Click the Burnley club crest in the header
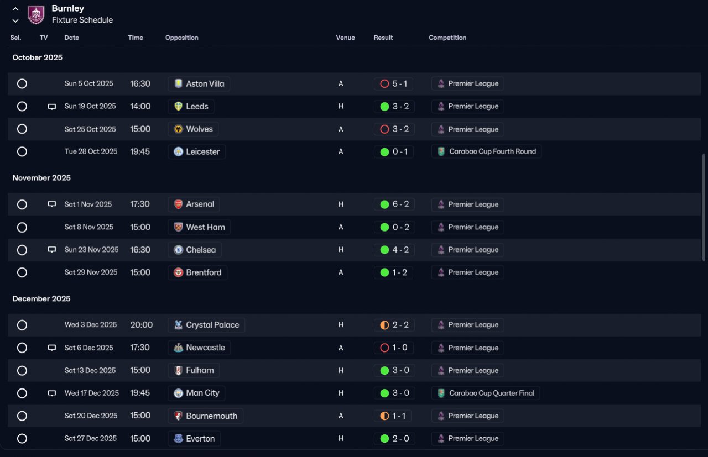coord(36,14)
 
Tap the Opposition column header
coord(182,38)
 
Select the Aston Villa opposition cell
coord(199,83)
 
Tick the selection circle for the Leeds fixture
coord(22,107)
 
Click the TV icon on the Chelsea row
coord(52,250)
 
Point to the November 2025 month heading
coord(41,178)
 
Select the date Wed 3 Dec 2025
coord(91,325)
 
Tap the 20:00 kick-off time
coord(141,325)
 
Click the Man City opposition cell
coord(196,393)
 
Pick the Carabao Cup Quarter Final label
coord(486,393)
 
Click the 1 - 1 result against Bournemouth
coord(393,416)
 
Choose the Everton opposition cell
coord(194,439)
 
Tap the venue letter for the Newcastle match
coord(341,348)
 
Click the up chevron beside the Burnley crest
coord(15,9)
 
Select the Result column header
coord(383,38)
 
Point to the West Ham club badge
coord(178,227)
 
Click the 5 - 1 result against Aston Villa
coord(393,83)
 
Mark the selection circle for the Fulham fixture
coord(22,370)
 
